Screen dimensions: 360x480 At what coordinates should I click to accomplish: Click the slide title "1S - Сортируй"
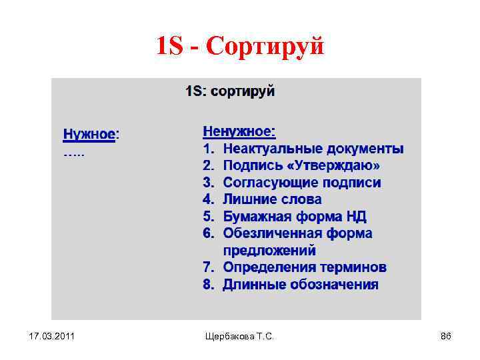click(x=240, y=46)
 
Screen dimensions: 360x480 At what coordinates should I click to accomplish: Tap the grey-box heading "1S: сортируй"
click(x=230, y=91)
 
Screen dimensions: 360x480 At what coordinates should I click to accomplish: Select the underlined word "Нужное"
click(x=89, y=134)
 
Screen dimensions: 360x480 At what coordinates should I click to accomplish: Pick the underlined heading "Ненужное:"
click(x=239, y=131)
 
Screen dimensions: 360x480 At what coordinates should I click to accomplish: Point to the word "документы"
click(x=360, y=148)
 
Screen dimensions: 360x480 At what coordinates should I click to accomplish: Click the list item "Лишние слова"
click(x=272, y=199)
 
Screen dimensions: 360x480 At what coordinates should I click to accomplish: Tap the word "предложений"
click(x=269, y=251)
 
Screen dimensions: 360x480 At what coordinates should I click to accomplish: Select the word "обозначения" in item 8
click(x=333, y=285)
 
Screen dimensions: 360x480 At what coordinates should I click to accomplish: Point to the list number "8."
click(x=209, y=285)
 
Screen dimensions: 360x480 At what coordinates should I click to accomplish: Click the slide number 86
click(x=445, y=337)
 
